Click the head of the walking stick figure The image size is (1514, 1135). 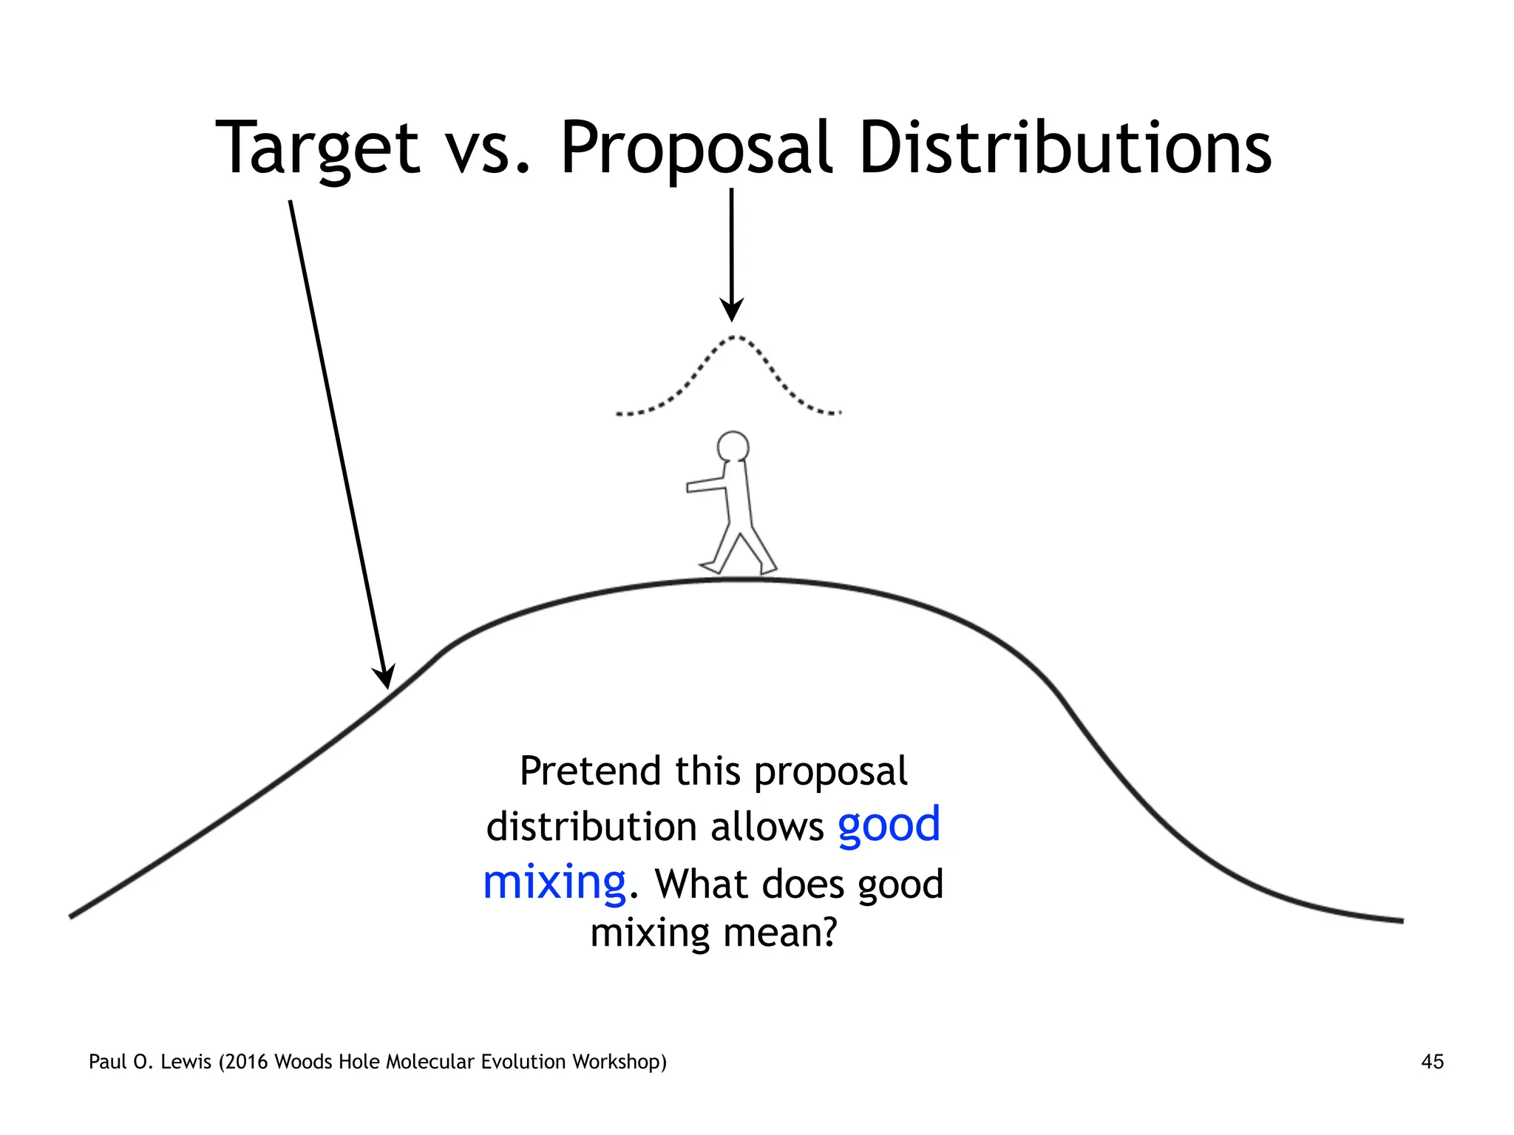(733, 447)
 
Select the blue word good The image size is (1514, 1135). (889, 825)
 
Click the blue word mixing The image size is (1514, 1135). (554, 882)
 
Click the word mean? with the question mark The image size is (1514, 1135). (780, 933)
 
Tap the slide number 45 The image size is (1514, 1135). (1432, 1062)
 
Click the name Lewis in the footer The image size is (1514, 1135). (186, 1062)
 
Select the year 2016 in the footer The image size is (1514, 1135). (248, 1062)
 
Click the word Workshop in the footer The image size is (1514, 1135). (618, 1062)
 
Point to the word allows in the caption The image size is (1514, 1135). (767, 827)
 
